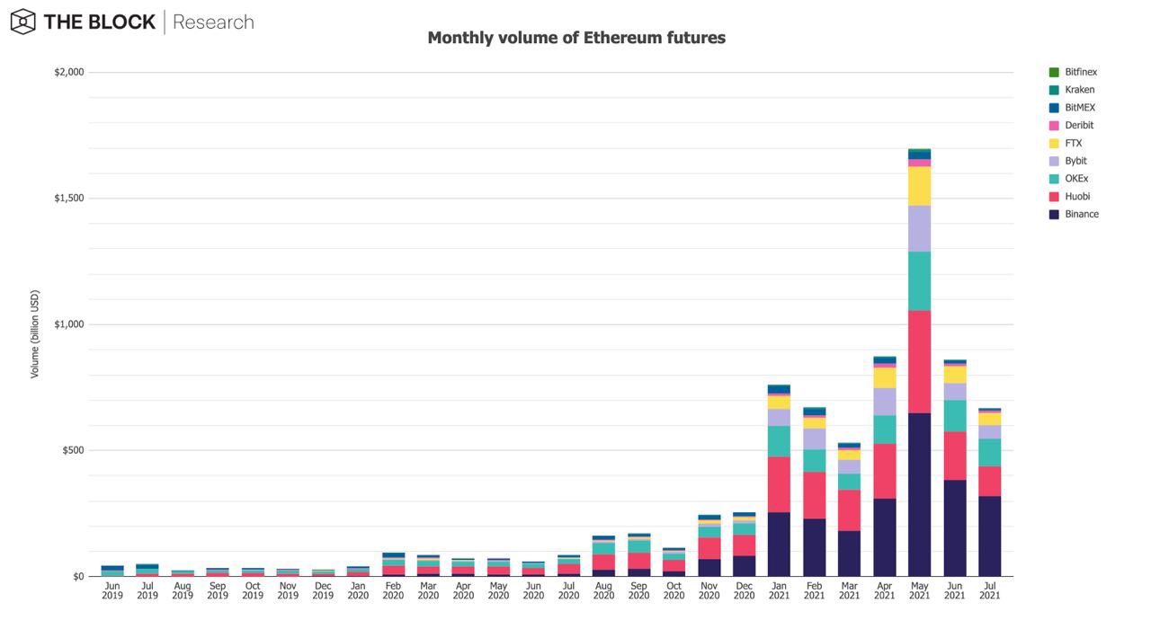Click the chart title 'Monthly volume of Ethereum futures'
pos(576,38)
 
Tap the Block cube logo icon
pos(23,22)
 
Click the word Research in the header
pos(213,22)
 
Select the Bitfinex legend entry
pos(1073,72)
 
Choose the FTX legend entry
pos(1066,143)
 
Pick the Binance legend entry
pos(1074,214)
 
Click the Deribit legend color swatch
pos(1054,125)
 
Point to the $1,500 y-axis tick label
pos(69,199)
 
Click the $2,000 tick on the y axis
pos(69,72)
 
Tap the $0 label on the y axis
pos(78,576)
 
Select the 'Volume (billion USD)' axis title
pos(34,334)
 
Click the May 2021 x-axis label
pos(919,590)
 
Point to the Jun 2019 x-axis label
pos(112,590)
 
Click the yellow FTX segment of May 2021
pos(919,186)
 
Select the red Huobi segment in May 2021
pos(919,361)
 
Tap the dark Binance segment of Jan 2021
pos(779,544)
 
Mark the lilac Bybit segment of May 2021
pos(919,228)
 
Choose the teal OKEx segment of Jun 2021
pos(955,415)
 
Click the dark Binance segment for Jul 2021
pos(990,536)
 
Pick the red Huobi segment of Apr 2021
pos(884,471)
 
